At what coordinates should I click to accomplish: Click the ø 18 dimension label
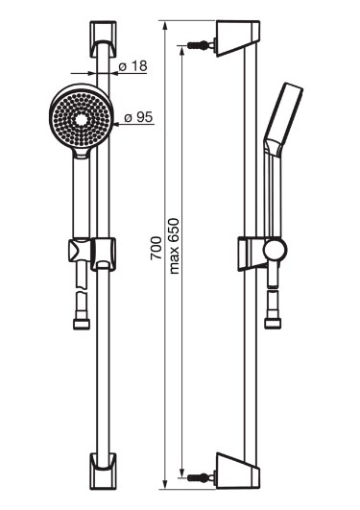point(132,66)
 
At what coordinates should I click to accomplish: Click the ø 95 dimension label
point(138,117)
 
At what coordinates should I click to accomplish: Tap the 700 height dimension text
point(156,248)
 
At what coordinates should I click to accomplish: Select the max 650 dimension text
point(174,246)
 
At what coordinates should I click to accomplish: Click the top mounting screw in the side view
point(199,44)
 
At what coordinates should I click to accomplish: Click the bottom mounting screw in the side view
point(199,477)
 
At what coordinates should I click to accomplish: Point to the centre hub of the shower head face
point(81,120)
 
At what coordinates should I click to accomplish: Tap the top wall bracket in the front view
point(103,39)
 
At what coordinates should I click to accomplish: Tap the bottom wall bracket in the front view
point(103,470)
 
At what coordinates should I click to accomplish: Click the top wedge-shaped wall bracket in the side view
point(237,38)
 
